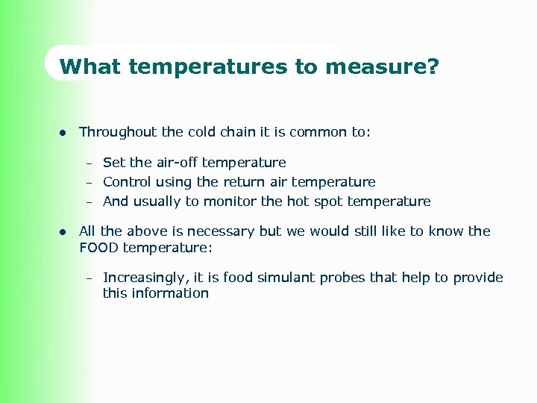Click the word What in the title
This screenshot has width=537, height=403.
coord(91,67)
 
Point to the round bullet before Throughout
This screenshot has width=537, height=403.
coord(63,133)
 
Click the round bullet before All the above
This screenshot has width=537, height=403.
coord(63,232)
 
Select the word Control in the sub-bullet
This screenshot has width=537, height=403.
coord(127,182)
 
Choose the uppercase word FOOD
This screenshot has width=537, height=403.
coord(99,247)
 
